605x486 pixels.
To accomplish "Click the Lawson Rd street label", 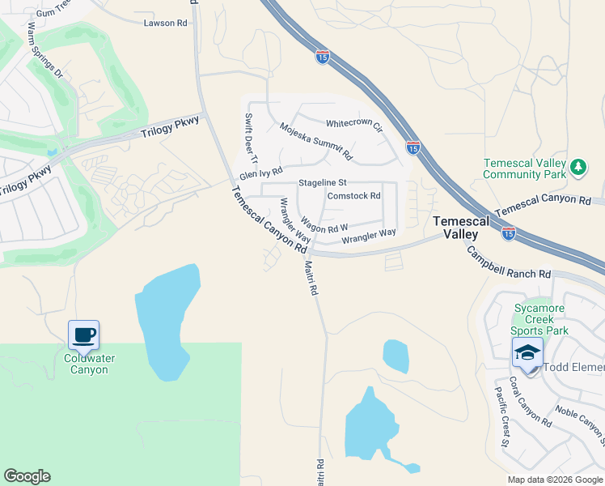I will point(165,23).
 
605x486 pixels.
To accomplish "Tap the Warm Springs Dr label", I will point(44,49).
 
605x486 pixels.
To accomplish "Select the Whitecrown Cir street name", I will point(353,124).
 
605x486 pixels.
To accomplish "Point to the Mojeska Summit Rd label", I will point(316,140).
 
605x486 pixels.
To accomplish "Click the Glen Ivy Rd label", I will point(260,173).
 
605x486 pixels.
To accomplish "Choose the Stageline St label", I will point(322,183).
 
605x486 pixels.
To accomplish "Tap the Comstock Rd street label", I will point(353,196).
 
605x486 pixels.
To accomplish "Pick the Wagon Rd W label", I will point(324,223).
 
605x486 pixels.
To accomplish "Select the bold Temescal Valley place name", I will point(460,227).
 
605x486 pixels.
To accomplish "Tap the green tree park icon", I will point(577,167).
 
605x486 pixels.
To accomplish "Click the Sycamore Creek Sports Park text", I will point(541,319).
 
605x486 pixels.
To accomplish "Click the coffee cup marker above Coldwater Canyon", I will point(83,335).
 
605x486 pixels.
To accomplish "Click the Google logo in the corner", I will point(27,476).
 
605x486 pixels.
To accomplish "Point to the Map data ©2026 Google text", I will point(555,480).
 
